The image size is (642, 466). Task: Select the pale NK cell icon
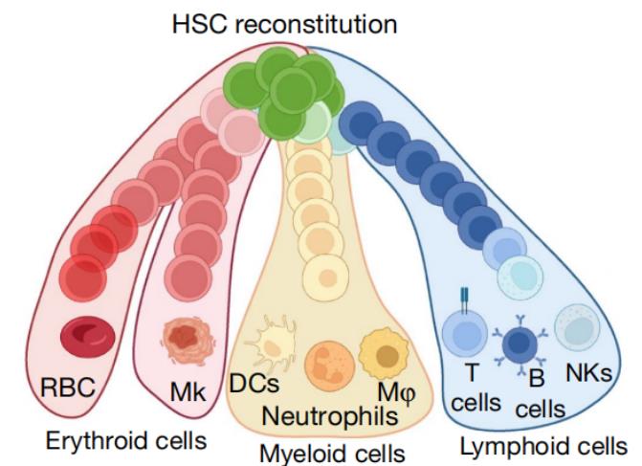click(x=578, y=325)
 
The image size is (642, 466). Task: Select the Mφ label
click(x=392, y=389)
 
